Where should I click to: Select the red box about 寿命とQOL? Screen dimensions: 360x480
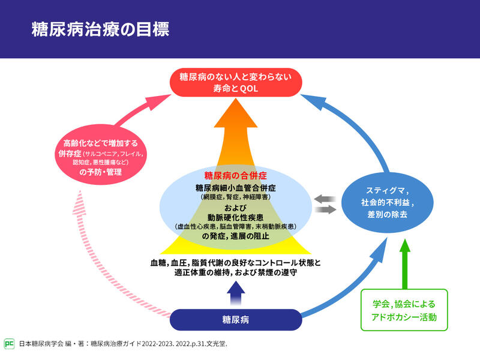(x=235, y=83)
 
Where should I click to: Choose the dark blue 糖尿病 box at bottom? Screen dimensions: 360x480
(x=236, y=320)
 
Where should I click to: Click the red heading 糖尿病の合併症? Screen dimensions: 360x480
(x=235, y=176)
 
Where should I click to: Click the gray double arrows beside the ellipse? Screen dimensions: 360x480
(x=325, y=204)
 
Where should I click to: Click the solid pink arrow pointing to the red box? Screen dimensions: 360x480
(x=138, y=110)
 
